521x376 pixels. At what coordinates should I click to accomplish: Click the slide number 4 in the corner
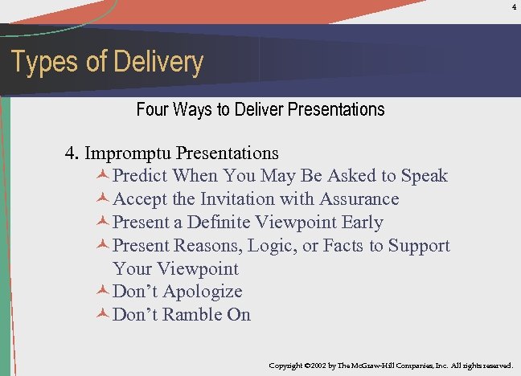[514, 8]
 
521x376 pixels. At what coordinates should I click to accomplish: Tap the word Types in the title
[39, 63]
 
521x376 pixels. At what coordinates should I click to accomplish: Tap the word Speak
[425, 176]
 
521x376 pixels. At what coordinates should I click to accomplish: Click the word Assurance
[359, 199]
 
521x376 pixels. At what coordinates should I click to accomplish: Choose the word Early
[362, 223]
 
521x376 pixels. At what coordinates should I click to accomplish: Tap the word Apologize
[202, 292]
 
